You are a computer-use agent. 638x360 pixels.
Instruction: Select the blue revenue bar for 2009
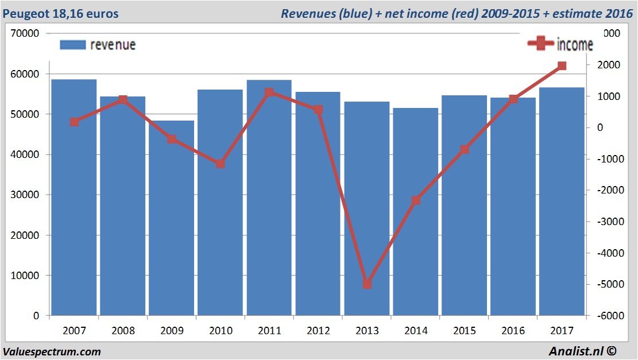[172, 218]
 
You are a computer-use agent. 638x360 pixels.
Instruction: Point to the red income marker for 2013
[368, 284]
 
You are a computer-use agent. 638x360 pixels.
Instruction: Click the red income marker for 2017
[562, 66]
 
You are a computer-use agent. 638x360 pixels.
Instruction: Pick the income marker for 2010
[221, 164]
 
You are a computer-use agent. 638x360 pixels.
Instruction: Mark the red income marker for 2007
[74, 122]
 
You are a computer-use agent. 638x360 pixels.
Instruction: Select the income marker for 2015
[465, 149]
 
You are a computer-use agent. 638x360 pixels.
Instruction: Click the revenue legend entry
[98, 45]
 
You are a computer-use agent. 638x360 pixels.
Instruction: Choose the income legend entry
[560, 44]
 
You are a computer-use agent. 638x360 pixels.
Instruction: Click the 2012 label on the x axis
[318, 331]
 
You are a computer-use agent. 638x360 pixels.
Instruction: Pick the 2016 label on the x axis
[513, 331]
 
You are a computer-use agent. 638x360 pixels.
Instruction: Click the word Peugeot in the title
[24, 13]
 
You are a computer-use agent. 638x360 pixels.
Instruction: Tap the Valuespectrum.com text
[52, 351]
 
